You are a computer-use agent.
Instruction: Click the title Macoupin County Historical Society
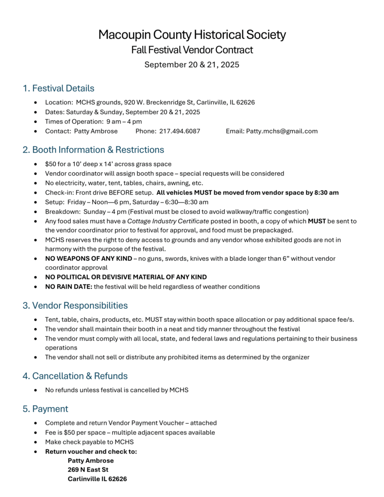(x=192, y=35)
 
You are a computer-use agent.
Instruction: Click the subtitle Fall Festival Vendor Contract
(x=192, y=50)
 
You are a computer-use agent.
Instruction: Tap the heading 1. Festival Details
(x=58, y=88)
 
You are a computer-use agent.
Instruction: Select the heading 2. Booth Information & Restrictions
(x=93, y=149)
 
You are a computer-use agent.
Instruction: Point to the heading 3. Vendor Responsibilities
(x=75, y=305)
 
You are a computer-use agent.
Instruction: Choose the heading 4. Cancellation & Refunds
(x=75, y=376)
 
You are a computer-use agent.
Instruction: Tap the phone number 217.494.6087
(x=180, y=131)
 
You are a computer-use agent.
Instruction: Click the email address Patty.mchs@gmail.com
(x=282, y=131)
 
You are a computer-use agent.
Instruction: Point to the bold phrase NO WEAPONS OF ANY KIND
(x=88, y=259)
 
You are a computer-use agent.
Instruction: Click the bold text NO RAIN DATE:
(x=68, y=287)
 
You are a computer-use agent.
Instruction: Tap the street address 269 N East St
(x=88, y=470)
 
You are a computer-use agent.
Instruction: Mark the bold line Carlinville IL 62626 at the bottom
(x=97, y=479)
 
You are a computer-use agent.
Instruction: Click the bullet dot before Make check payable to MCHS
(x=36, y=442)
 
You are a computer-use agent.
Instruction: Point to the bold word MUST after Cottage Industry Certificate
(x=317, y=221)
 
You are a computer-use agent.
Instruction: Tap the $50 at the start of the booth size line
(x=50, y=164)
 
